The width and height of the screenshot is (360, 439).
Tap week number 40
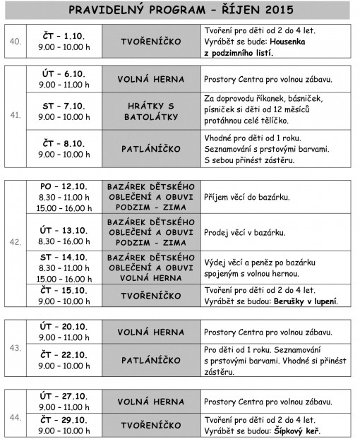click(x=14, y=42)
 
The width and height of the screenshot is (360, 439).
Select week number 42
click(x=14, y=242)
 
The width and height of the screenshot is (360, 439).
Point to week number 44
click(x=14, y=418)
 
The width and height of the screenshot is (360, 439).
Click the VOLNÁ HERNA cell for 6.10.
click(x=151, y=79)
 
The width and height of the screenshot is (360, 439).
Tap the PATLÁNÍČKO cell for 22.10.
click(x=151, y=360)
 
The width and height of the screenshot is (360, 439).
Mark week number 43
click(x=14, y=347)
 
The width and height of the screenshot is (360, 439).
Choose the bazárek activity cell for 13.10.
click(x=151, y=231)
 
